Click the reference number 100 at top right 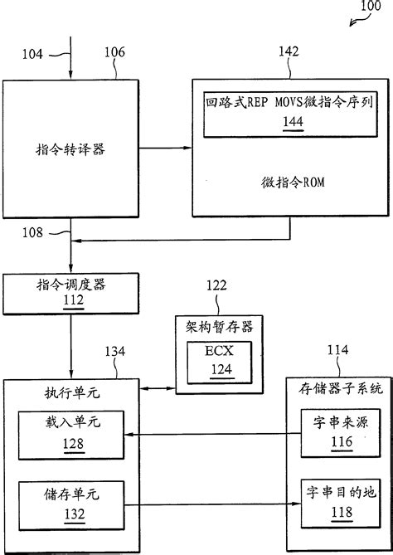370,10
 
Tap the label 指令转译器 70,150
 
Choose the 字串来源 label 336,424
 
